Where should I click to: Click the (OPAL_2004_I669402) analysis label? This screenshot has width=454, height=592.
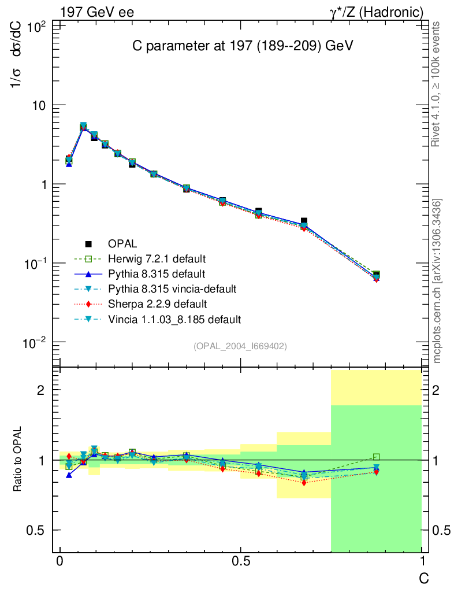point(240,346)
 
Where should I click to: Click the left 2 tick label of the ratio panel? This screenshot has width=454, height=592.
point(40,390)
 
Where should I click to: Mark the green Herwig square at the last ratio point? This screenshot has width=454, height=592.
point(377,457)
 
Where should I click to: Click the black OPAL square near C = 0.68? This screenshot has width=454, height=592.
point(304,221)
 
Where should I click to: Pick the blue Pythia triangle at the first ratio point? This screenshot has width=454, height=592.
point(69,475)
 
